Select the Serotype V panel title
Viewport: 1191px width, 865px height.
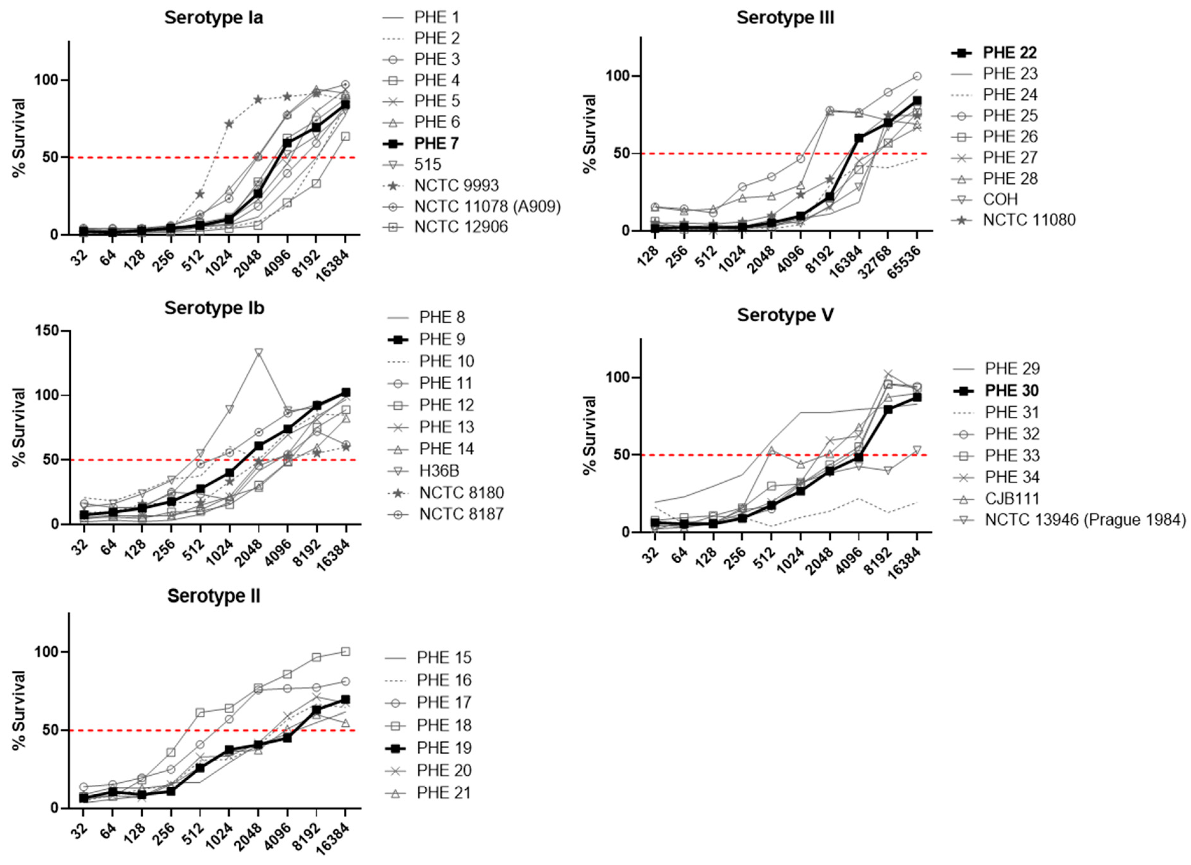[785, 315]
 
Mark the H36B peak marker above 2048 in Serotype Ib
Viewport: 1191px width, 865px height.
[258, 352]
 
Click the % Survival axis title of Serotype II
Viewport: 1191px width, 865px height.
[19, 710]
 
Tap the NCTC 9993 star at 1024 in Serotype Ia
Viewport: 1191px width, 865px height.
[229, 124]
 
